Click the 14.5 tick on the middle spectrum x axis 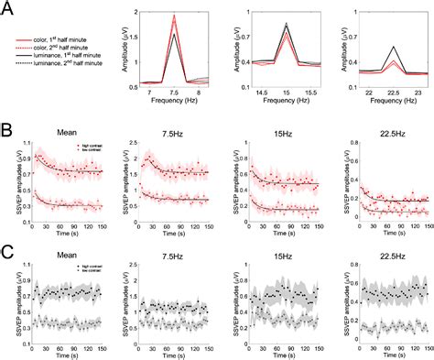[x=260, y=93]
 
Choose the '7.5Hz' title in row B [x=168, y=131]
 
